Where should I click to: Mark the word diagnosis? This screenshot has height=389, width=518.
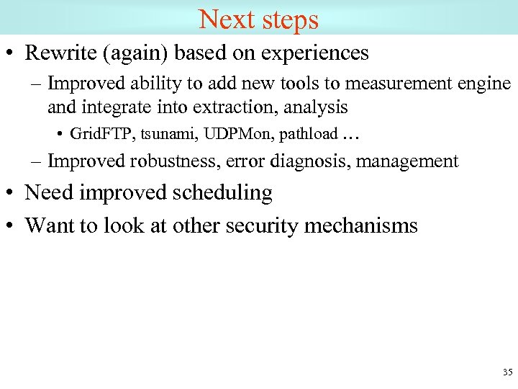coord(306,161)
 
